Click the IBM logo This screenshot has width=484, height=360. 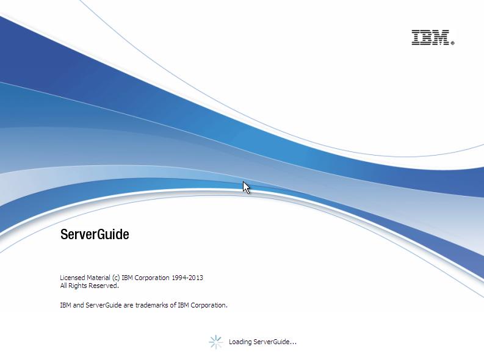pos(431,37)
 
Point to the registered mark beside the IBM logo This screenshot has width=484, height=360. pos(452,43)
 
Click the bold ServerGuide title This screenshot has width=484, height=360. pos(95,234)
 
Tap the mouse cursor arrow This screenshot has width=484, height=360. pos(246,187)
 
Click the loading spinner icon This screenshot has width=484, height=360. pos(215,342)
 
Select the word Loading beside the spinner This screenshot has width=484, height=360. pos(240,342)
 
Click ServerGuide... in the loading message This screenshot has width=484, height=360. pos(275,342)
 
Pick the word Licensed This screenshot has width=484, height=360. pos(73,278)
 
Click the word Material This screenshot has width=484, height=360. pos(101,278)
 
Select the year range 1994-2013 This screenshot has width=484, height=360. pos(187,278)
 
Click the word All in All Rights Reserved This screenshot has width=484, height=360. pos(63,286)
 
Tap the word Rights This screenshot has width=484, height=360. pos(79,286)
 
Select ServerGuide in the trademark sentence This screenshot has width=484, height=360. pos(104,305)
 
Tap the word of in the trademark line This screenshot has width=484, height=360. pos(173,305)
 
